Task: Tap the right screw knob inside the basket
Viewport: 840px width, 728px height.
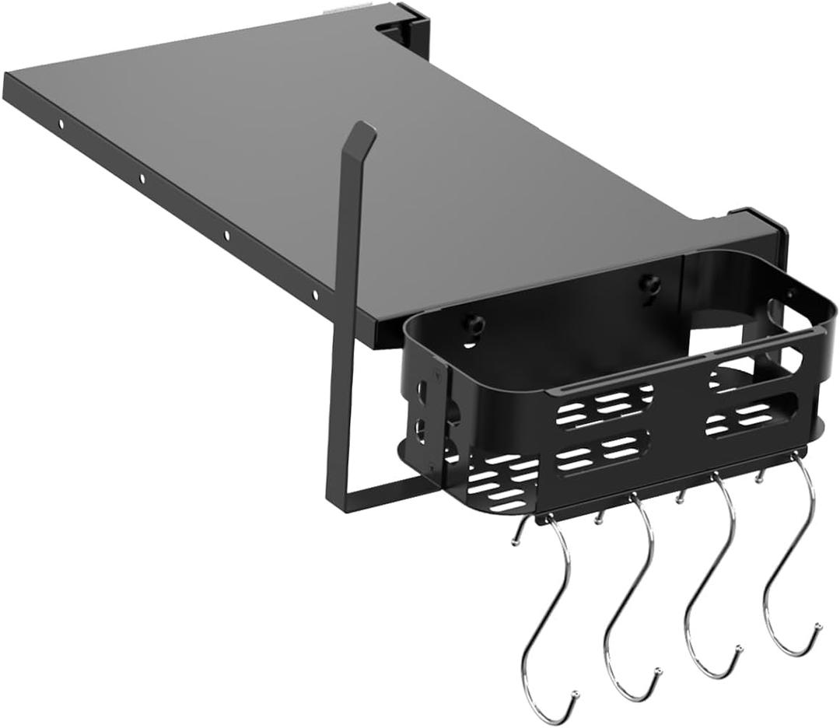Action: [648, 285]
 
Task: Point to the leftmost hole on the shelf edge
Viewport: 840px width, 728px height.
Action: [59, 124]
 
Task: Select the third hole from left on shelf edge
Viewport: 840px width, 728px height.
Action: [226, 235]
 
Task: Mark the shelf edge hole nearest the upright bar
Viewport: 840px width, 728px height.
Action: [315, 294]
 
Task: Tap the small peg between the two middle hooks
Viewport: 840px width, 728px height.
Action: [680, 495]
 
